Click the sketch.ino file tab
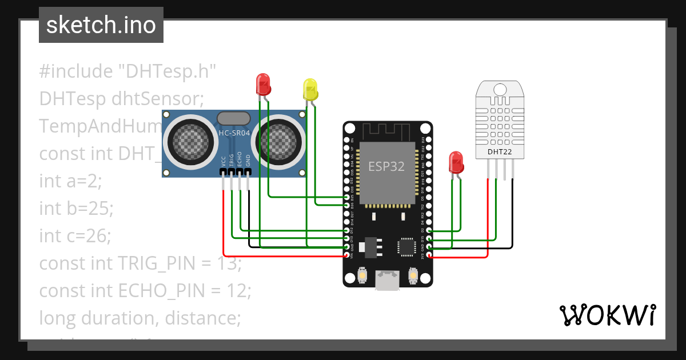[101, 25]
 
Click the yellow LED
[310, 90]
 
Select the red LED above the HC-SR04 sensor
[262, 85]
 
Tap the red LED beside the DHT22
[456, 162]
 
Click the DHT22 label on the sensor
[500, 152]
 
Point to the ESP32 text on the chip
[386, 166]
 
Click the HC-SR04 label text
[234, 134]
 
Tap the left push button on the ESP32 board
[362, 276]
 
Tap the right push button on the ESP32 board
[412, 276]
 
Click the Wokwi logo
[607, 315]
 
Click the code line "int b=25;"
[76, 208]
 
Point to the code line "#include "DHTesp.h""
[127, 71]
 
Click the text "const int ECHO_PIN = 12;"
[145, 290]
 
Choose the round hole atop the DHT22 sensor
[500, 90]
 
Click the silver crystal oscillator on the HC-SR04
[234, 118]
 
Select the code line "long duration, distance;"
[140, 318]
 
